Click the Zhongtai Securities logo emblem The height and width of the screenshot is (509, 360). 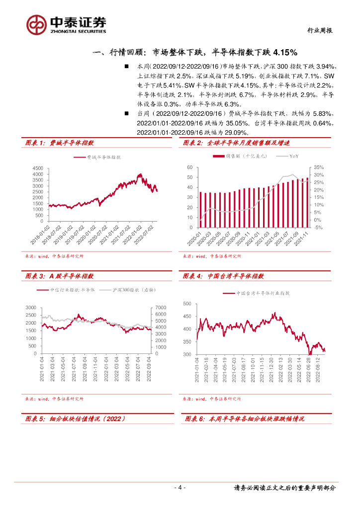pyautogui.click(x=36, y=24)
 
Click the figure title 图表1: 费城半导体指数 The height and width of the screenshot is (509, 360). pyautogui.click(x=59, y=143)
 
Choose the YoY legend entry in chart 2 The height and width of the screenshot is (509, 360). pyautogui.click(x=293, y=157)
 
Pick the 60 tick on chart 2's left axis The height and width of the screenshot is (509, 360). pyautogui.click(x=190, y=168)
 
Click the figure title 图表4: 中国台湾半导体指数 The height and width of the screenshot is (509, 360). pyautogui.click(x=223, y=276)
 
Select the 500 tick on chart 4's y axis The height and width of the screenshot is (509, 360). pyautogui.click(x=187, y=303)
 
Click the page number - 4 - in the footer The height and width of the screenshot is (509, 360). pyautogui.click(x=180, y=488)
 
